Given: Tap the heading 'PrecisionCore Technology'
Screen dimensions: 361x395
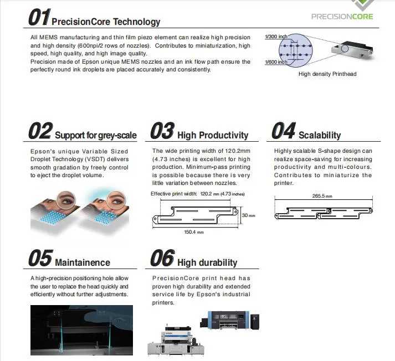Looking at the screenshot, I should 106,22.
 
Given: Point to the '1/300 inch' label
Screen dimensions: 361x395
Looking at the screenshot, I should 276,37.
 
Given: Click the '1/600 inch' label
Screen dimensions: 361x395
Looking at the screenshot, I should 276,61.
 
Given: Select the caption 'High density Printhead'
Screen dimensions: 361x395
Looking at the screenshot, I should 327,74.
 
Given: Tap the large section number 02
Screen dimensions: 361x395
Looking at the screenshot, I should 40,132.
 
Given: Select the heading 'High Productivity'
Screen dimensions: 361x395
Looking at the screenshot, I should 213,135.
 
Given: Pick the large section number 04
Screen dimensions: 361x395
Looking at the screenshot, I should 283,132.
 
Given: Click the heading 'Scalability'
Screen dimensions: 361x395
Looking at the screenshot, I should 320,135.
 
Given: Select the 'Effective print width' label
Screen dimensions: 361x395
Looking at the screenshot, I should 174,194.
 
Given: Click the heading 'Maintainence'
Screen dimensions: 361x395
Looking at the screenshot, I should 83,262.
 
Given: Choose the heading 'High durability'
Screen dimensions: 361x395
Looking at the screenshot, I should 207,262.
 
